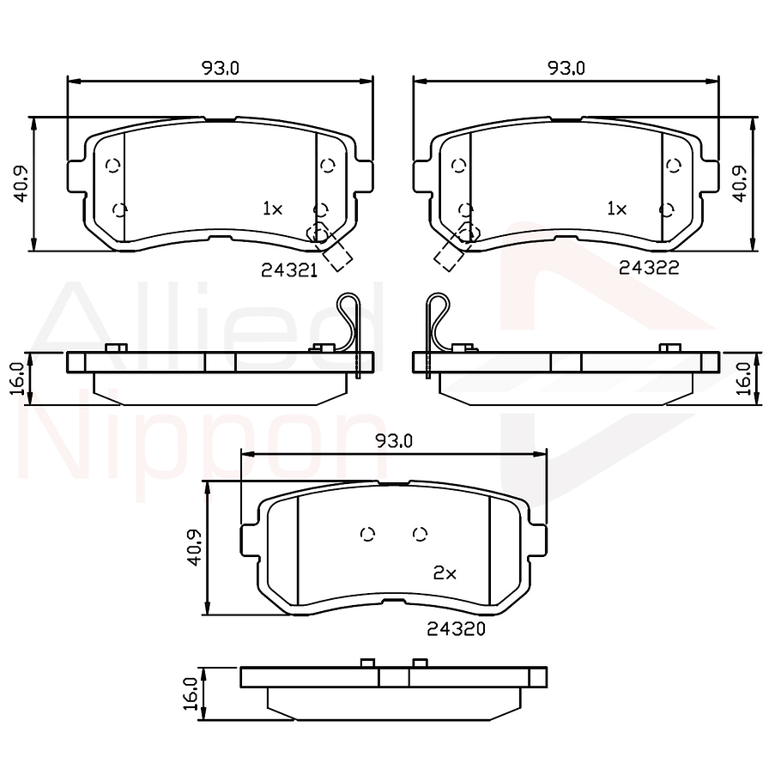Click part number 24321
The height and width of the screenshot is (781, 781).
pos(289,269)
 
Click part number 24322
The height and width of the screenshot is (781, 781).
pos(649,268)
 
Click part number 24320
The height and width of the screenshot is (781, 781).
pos(457,629)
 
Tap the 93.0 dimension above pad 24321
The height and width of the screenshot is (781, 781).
pos(221,69)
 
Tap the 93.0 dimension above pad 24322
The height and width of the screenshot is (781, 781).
pos(566,69)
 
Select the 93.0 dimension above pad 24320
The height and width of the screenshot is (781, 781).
pos(395,441)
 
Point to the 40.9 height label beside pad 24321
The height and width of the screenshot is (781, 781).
pos(22,183)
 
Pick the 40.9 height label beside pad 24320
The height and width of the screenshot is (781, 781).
pos(196,548)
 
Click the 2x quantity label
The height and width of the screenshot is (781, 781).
pos(445,573)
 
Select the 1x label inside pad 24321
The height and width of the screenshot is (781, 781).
pos(272,208)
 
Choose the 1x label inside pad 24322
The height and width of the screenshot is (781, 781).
pos(616,208)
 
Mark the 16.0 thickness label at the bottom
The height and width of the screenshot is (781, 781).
pos(192,693)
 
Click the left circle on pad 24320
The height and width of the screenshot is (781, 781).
pos(368,535)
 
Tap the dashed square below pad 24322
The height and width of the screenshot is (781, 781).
pos(448,254)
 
